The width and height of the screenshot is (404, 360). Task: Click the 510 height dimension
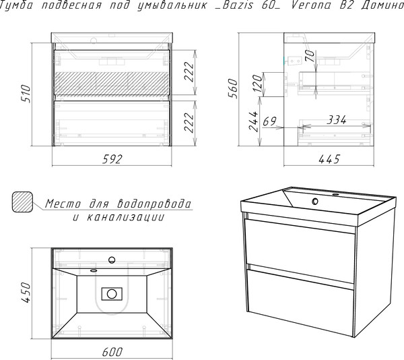[x=26, y=94]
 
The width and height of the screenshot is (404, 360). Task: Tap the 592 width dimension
[x=112, y=159]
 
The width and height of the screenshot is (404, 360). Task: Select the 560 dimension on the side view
[x=233, y=88]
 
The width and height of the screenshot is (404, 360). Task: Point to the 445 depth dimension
[x=329, y=159]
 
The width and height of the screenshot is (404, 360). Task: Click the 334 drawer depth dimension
[x=336, y=120]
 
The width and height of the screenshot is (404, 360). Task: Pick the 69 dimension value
[x=269, y=121]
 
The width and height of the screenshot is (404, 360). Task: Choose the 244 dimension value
[x=253, y=121]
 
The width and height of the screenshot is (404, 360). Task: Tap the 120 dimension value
[x=257, y=83]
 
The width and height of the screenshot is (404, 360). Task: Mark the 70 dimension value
[x=310, y=56]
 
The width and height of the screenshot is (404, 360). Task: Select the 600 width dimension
[x=112, y=352]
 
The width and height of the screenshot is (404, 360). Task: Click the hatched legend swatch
[x=22, y=202]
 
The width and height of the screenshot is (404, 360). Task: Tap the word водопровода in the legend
[x=154, y=204]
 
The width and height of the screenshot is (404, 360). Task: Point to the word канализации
[x=125, y=217]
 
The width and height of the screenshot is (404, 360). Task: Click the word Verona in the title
[x=310, y=5]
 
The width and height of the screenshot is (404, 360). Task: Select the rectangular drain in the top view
[x=112, y=294]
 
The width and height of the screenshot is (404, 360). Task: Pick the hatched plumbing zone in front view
[x=112, y=84]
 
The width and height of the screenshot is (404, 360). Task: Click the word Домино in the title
[x=382, y=5]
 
